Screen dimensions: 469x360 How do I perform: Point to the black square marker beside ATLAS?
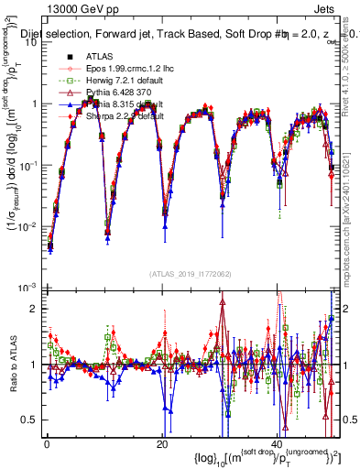[x=68, y=57]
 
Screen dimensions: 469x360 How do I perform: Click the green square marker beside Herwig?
[x=68, y=81]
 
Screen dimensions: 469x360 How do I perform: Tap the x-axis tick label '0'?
[x=47, y=443]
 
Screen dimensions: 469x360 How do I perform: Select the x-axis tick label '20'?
[x=162, y=443]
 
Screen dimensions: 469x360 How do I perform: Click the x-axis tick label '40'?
[x=278, y=443]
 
